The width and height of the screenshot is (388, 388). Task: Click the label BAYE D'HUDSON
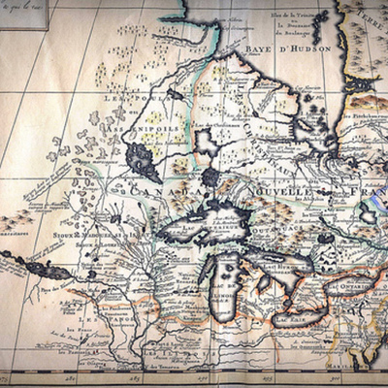click(x=287, y=47)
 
